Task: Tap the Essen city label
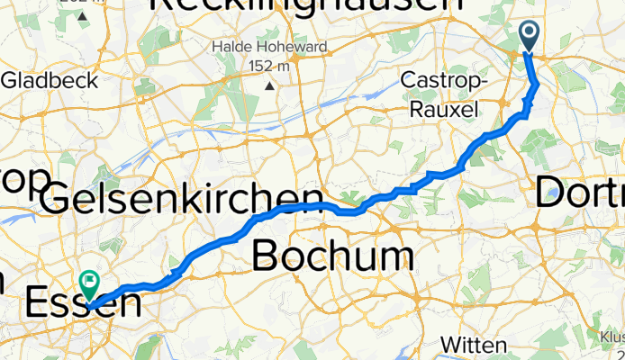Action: click(x=86, y=303)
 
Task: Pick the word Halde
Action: click(x=231, y=46)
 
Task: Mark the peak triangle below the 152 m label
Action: click(x=269, y=85)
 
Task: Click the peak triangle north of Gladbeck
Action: click(x=82, y=16)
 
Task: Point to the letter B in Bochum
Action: click(x=267, y=256)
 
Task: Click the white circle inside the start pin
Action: click(x=529, y=33)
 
